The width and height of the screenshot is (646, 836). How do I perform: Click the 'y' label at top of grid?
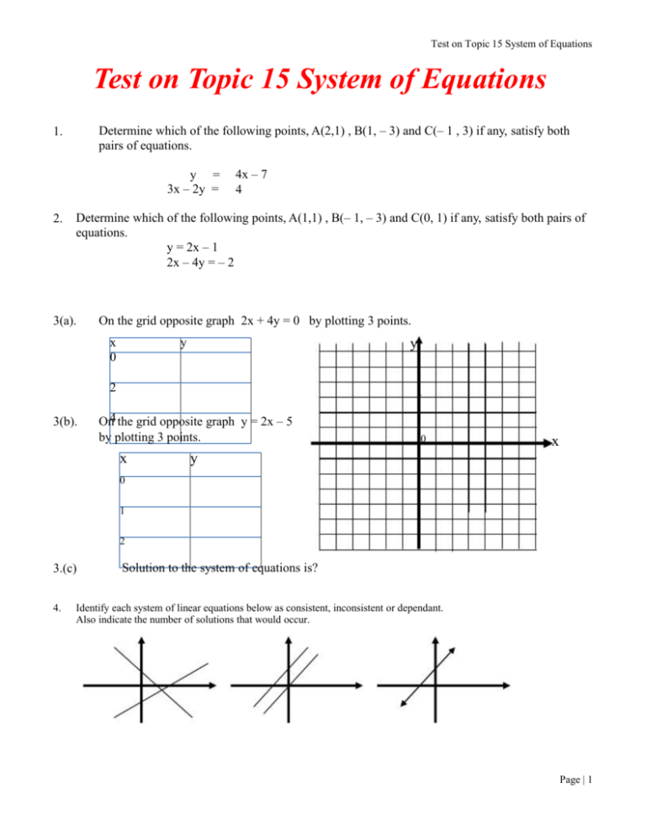click(413, 345)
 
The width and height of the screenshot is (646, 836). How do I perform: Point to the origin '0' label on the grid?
click(424, 439)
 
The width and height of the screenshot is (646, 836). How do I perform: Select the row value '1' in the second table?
click(122, 510)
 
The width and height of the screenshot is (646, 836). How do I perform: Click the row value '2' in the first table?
click(113, 389)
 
